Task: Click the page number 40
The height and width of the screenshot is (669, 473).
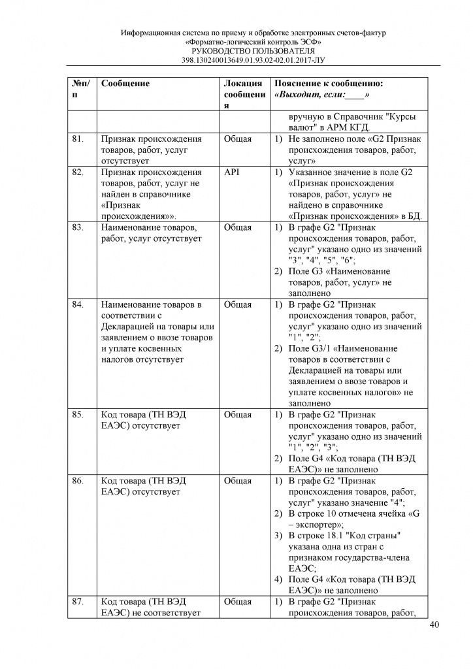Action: pos(434,625)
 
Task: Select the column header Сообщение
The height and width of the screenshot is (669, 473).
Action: pos(125,84)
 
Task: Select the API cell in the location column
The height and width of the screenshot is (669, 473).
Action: pos(232,172)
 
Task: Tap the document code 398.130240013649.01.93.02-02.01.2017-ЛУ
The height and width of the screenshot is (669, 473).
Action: pos(254,60)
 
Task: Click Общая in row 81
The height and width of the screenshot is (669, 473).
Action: pos(237,139)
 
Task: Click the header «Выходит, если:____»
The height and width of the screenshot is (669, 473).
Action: pos(327,95)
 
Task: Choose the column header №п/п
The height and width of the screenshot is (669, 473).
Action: pos(80,89)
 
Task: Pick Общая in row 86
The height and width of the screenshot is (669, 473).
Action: pos(237,481)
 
